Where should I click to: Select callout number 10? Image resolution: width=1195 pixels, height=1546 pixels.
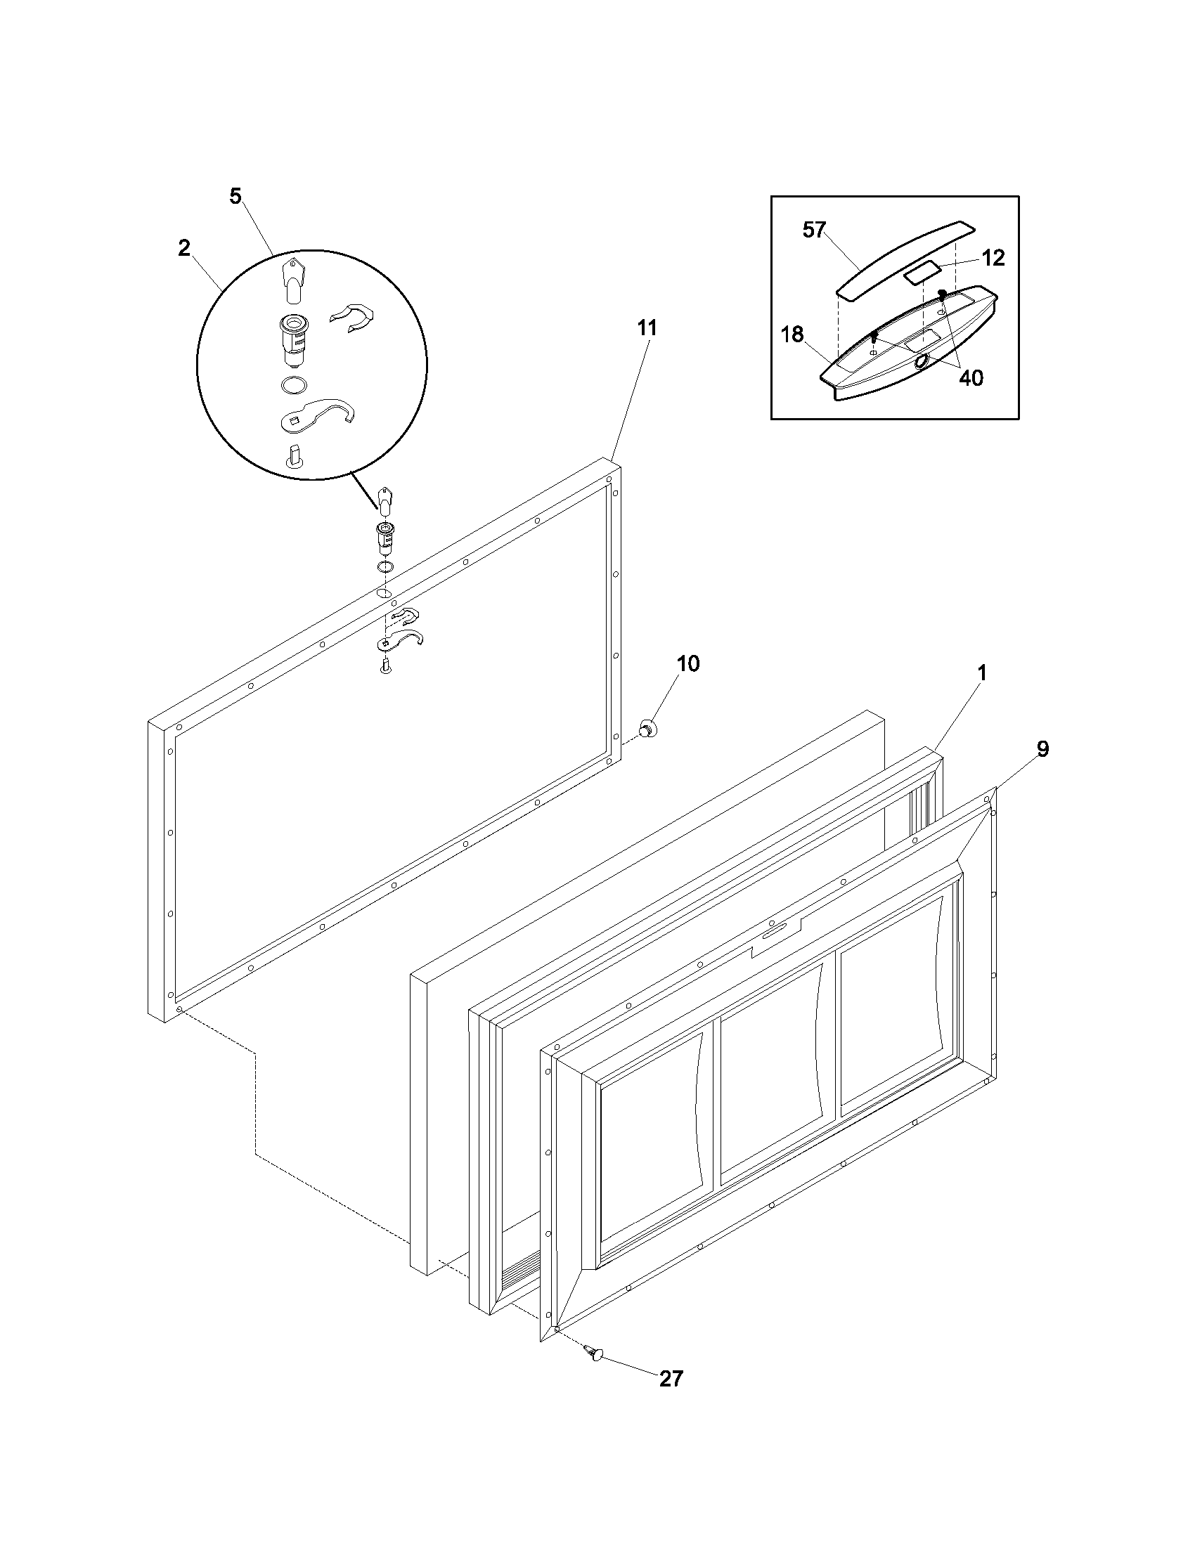pyautogui.click(x=687, y=663)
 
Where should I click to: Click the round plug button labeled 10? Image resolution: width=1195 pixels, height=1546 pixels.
pyautogui.click(x=647, y=727)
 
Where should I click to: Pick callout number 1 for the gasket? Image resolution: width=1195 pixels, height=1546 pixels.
pyautogui.click(x=981, y=673)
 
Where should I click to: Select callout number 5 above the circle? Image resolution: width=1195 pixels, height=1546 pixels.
pyautogui.click(x=235, y=196)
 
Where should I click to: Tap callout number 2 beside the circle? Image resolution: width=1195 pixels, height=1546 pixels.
pyautogui.click(x=184, y=249)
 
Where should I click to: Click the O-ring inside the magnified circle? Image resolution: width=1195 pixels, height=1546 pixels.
pyautogui.click(x=294, y=386)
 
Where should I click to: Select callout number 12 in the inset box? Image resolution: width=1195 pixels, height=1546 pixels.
pyautogui.click(x=993, y=259)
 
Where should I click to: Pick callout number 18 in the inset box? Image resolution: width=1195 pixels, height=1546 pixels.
pyautogui.click(x=792, y=334)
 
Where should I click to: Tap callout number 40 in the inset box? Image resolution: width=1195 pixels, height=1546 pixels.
pyautogui.click(x=971, y=378)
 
